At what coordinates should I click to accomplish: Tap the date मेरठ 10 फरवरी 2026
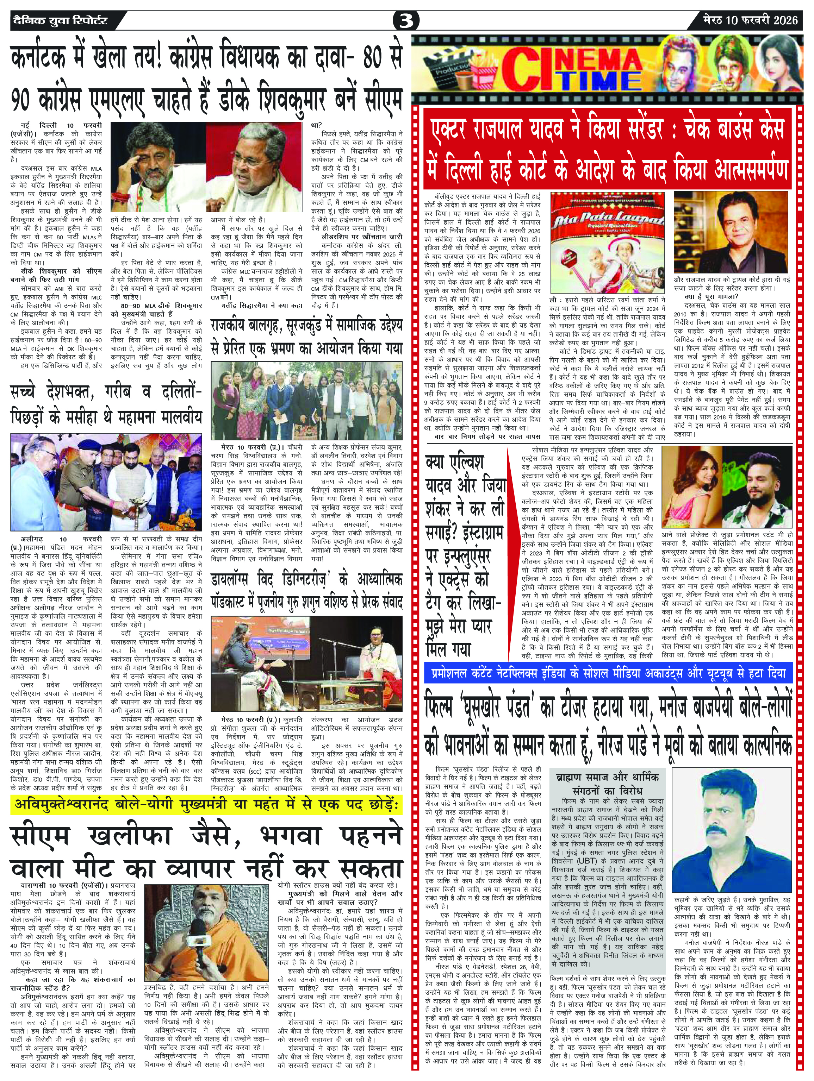pyautogui.click(x=751, y=20)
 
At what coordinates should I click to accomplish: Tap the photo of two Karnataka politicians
pyautogui.click(x=206, y=166)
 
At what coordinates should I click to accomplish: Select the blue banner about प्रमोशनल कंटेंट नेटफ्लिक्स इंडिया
pyautogui.click(x=608, y=673)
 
